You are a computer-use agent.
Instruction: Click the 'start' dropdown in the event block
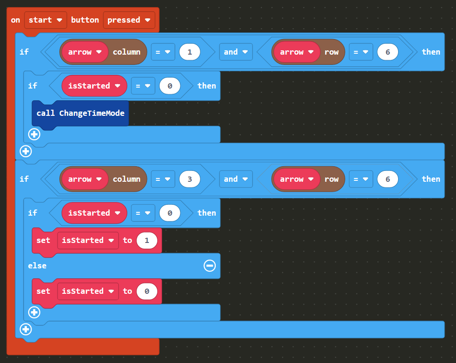point(46,20)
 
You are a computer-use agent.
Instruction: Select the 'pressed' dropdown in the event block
point(129,20)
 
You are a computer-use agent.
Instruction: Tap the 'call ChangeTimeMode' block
point(80,113)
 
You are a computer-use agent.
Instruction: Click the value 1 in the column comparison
point(190,52)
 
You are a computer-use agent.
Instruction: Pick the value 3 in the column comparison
point(190,179)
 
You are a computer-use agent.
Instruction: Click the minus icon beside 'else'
point(210,266)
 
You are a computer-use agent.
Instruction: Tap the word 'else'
point(37,266)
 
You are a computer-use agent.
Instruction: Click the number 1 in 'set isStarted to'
point(147,240)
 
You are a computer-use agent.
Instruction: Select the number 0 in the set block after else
point(147,291)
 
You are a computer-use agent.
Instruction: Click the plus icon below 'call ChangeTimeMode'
point(34,134)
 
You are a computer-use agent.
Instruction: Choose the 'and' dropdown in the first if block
point(236,52)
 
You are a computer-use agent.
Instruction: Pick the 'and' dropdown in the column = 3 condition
point(236,179)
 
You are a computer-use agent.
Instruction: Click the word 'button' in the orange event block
point(85,20)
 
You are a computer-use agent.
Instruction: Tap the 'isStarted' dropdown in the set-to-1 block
point(88,240)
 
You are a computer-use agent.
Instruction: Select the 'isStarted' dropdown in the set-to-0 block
point(88,291)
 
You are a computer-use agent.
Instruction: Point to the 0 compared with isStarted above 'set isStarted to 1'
point(170,213)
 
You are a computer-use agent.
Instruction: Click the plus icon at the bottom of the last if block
point(26,329)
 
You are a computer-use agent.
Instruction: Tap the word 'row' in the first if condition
point(332,52)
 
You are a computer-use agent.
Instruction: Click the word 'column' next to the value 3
point(126,179)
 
